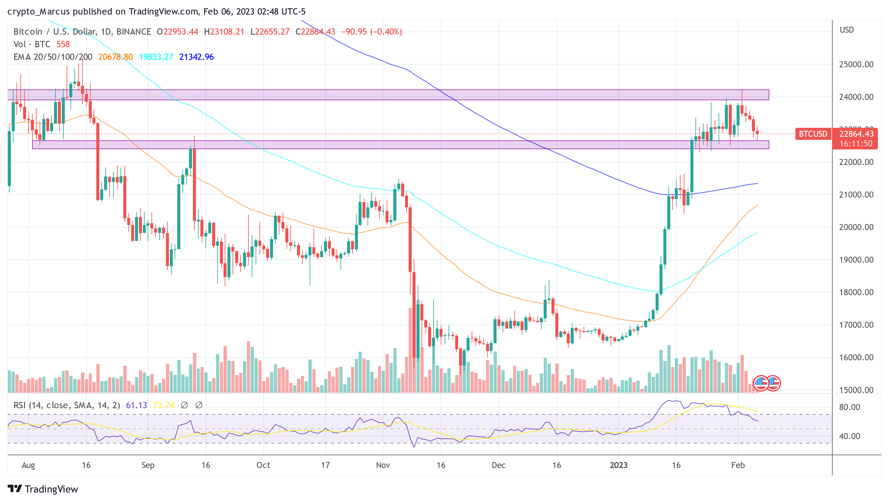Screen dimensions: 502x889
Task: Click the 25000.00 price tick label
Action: tap(856, 65)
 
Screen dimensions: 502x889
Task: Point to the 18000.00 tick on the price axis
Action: tap(856, 293)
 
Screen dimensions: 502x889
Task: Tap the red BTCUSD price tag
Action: tap(813, 134)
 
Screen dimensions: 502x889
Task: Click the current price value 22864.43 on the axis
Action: tap(856, 134)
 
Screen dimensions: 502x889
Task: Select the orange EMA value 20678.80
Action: tap(115, 57)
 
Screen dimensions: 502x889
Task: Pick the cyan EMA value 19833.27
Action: tap(156, 57)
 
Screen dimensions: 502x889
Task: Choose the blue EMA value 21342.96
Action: tap(196, 57)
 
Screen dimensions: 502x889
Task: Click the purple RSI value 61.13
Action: tap(136, 405)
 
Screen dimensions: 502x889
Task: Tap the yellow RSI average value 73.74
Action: tap(164, 405)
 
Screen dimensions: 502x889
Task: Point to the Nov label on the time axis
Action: tap(383, 465)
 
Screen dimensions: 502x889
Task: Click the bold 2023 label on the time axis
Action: tap(618, 465)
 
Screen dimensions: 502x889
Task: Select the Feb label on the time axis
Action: tap(738, 465)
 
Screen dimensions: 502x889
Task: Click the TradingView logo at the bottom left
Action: tap(43, 489)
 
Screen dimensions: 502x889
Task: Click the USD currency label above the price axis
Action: tap(847, 30)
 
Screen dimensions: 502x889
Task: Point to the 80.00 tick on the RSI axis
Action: tap(849, 407)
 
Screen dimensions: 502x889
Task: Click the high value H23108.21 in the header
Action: tap(224, 32)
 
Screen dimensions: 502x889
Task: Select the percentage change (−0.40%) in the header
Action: tap(386, 32)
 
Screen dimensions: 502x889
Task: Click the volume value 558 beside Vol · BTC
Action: tap(63, 44)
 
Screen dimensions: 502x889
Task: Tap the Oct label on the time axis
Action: tap(263, 465)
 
